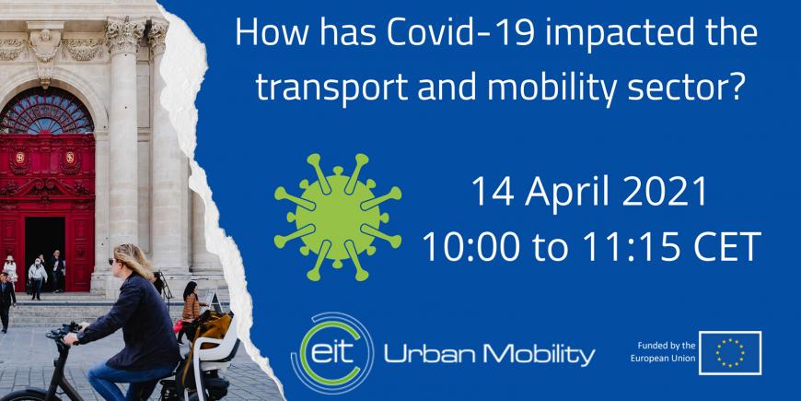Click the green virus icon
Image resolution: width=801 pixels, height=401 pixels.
(337, 217)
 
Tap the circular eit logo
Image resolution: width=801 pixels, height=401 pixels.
(332, 353)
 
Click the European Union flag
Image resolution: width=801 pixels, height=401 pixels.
(730, 353)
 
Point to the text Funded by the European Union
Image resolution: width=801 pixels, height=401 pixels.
(663, 352)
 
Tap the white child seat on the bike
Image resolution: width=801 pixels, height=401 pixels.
(214, 348)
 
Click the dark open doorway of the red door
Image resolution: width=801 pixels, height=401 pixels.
(45, 251)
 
